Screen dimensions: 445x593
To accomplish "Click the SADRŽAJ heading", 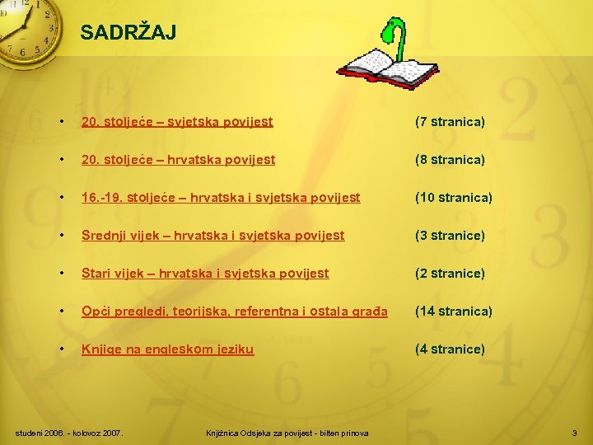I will tap(128, 33).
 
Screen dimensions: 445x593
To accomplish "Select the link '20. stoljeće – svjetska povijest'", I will tap(177, 122).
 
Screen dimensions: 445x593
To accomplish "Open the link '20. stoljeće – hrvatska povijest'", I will tap(178, 160).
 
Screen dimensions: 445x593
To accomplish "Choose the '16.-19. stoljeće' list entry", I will tap(220, 198).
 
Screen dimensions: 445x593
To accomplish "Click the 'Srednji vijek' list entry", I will tap(212, 236).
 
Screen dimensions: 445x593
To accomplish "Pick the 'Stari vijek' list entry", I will tap(204, 274).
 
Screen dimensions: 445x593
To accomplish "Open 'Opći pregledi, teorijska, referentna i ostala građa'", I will tap(234, 311).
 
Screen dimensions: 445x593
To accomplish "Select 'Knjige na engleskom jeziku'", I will tap(167, 349).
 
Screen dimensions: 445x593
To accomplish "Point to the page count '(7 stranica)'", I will tap(450, 122).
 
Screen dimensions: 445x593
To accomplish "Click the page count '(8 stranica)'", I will tap(450, 160).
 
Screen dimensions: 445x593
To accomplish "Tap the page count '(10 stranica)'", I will tap(453, 198).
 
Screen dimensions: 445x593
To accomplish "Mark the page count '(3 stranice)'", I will tap(450, 236).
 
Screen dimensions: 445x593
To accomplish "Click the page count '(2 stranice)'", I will tap(450, 274).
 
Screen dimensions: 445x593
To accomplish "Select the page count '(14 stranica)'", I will tap(453, 311).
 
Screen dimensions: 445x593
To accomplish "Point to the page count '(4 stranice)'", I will tap(450, 349).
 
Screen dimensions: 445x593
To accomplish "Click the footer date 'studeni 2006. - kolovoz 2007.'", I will tap(70, 433).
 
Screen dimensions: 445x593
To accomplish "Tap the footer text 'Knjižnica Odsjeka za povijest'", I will tap(287, 433).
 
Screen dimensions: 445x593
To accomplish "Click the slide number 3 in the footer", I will tap(574, 433).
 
